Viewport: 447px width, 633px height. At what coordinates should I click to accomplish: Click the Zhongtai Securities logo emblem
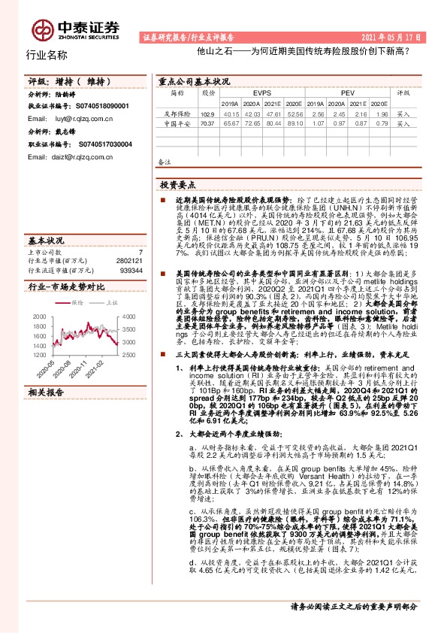pyautogui.click(x=41, y=29)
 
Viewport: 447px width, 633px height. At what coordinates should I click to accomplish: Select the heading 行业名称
pyautogui.click(x=47, y=55)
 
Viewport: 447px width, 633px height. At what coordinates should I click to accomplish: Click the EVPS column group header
pyautogui.click(x=262, y=93)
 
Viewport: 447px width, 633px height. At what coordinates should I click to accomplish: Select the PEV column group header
pyautogui.click(x=348, y=93)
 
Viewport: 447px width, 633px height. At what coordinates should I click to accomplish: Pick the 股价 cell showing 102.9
pyautogui.click(x=208, y=114)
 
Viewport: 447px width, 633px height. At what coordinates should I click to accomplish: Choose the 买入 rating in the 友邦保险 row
pyautogui.click(x=403, y=114)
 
